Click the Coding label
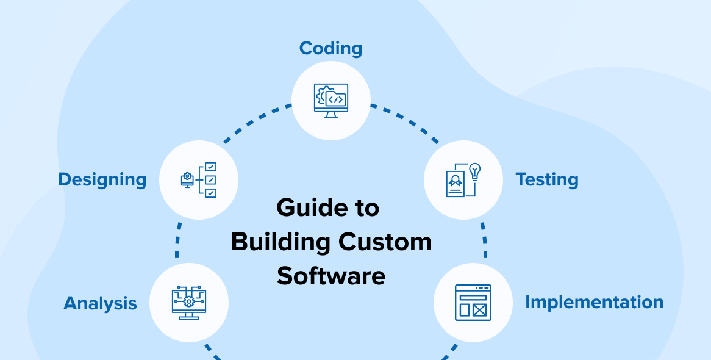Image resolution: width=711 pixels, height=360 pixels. pos(330,49)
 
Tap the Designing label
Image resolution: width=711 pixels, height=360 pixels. pos(102,180)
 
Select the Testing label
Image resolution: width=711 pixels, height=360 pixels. pos(547,180)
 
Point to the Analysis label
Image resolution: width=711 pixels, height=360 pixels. pos(100,303)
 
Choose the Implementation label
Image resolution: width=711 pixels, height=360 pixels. pos(594,303)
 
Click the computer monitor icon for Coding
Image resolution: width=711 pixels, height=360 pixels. pos(331,100)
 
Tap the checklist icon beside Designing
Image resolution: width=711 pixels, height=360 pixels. pos(199,180)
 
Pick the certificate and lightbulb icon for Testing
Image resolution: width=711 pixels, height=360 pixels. pos(463,180)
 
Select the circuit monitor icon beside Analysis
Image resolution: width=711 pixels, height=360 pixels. pos(189,303)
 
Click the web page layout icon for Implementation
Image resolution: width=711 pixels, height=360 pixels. pos(473,303)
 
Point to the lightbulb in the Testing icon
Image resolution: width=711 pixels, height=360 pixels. pos(475,172)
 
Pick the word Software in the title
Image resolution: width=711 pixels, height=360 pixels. pos(331,276)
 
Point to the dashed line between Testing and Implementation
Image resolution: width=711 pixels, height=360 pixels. pos(484,240)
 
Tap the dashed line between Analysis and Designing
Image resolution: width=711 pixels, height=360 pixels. pos(178,240)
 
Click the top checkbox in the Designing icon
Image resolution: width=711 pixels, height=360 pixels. pos(210,167)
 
